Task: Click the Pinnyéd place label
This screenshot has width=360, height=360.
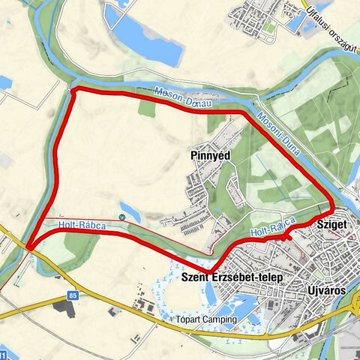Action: [210, 155]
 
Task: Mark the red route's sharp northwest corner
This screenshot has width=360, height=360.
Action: [73, 90]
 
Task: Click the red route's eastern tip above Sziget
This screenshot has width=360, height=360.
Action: [332, 205]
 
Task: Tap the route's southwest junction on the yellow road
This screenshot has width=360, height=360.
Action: [29, 246]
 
